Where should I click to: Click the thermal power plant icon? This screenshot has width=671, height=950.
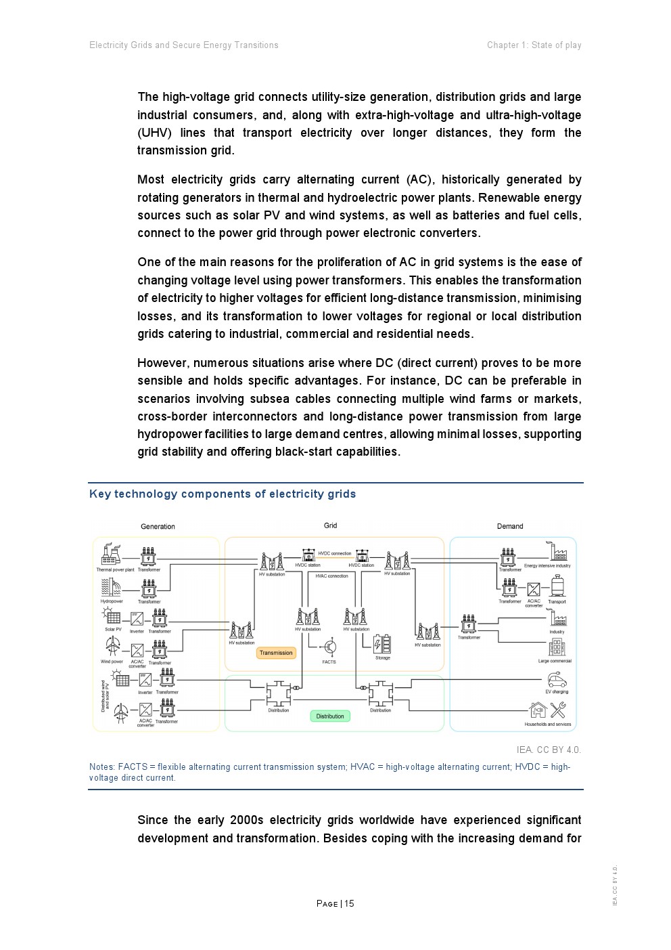(110, 555)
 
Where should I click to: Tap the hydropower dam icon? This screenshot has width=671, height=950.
(110, 586)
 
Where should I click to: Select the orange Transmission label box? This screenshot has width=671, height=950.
(276, 653)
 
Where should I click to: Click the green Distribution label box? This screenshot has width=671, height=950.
(330, 716)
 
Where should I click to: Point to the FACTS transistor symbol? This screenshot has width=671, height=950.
(330, 647)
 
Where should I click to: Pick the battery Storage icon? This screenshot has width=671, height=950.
(382, 644)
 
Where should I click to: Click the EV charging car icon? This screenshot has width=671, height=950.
(557, 679)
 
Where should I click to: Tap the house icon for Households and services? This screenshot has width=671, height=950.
(538, 710)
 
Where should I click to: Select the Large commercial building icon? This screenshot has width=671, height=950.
(557, 647)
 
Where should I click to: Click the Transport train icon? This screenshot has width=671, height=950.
(557, 586)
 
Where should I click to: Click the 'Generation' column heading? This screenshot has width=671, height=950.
(158, 526)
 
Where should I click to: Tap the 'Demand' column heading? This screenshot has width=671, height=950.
(510, 526)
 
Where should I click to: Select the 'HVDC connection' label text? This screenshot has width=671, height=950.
(335, 553)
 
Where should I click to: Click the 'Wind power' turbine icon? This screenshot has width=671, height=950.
(112, 647)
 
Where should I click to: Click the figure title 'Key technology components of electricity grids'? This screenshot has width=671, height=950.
(223, 494)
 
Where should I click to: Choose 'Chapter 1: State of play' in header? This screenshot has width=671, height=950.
(534, 45)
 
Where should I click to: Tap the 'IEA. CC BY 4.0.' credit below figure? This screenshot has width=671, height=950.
(549, 750)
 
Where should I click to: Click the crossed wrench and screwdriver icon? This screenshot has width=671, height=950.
(558, 710)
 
